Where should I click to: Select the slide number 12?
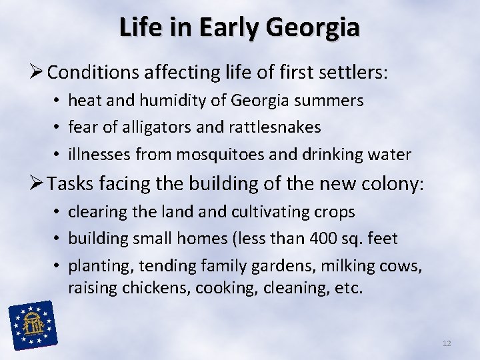(x=447, y=343)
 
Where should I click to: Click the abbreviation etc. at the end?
(x=348, y=289)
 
